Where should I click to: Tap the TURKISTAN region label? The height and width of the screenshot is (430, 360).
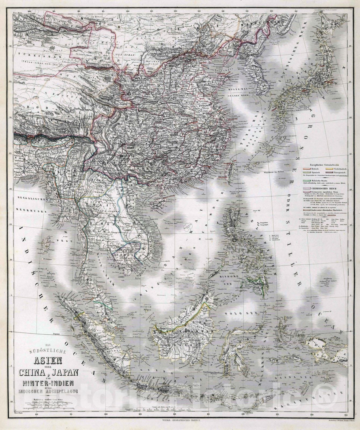tap(30, 57)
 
